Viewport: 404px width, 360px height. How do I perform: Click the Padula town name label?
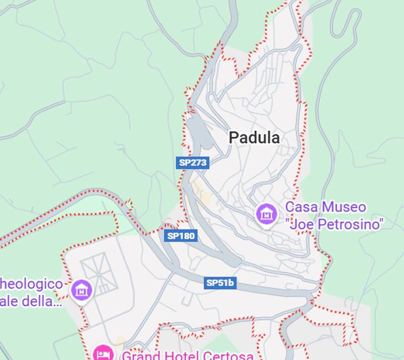[254, 138]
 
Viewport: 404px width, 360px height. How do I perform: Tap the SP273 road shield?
[193, 163]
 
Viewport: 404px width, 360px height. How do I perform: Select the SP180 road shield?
[181, 236]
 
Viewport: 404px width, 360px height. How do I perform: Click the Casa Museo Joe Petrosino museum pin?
[266, 215]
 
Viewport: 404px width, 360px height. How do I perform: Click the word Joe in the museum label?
[302, 224]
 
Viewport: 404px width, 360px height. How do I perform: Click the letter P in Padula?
[233, 138]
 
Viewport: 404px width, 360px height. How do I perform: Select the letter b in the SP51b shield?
[231, 283]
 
